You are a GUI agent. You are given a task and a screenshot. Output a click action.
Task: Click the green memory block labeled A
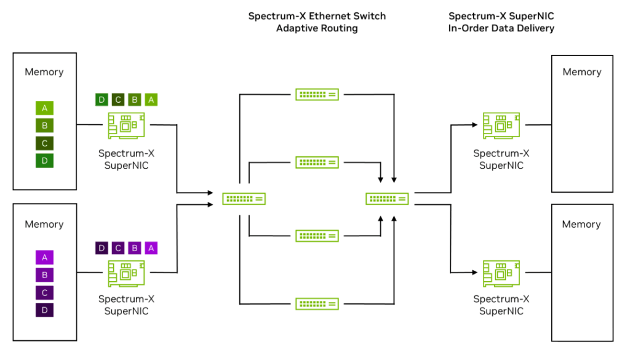point(44,108)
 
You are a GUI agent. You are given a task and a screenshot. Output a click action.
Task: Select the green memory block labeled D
point(44,161)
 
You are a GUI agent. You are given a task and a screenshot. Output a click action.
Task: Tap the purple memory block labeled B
point(44,275)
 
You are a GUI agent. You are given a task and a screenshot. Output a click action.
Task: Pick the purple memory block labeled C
point(44,292)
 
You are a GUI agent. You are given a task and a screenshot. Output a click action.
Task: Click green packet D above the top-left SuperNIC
point(102,100)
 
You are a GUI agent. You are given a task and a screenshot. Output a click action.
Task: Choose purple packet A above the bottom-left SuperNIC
point(151,248)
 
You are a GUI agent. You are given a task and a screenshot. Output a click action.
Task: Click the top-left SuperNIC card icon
point(126,126)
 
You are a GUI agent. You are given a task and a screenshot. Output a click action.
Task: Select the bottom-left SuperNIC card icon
point(126,273)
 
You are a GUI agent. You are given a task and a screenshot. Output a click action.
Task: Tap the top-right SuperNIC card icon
point(501,126)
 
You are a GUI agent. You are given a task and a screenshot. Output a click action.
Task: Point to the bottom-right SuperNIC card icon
point(501,273)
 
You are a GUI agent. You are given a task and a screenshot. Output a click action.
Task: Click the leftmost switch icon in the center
point(244,199)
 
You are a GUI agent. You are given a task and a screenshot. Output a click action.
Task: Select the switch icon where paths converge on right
point(387,199)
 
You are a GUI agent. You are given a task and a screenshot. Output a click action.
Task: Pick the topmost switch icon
point(316,94)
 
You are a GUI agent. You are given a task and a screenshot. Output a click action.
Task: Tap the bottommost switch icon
point(316,303)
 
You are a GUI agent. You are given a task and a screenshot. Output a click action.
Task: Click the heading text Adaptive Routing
point(317,28)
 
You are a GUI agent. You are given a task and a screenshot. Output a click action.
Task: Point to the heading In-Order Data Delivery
point(501,28)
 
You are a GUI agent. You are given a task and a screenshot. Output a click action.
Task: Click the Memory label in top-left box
point(44,72)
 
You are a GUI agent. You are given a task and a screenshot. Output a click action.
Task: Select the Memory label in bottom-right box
point(581,224)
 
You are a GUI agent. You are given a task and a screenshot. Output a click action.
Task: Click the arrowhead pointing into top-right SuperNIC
point(475,125)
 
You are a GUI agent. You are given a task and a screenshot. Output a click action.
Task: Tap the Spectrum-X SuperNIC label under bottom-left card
point(126,305)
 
